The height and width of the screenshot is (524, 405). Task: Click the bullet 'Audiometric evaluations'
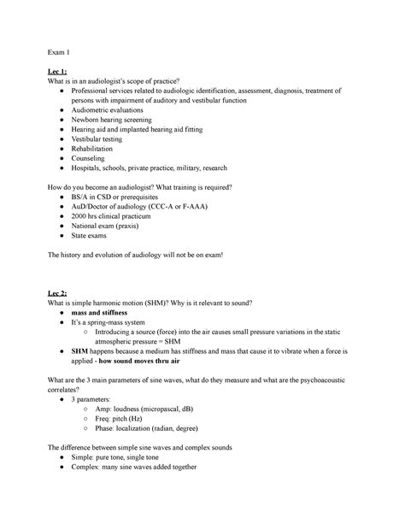pos(108,110)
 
